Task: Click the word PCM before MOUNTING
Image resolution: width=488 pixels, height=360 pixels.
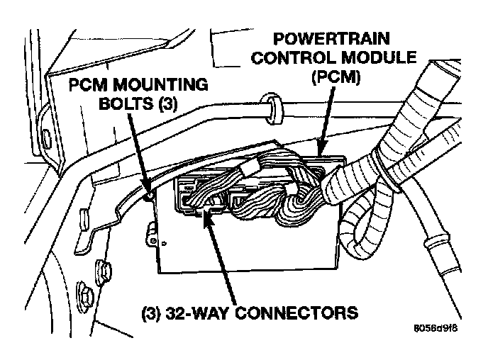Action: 92,85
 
